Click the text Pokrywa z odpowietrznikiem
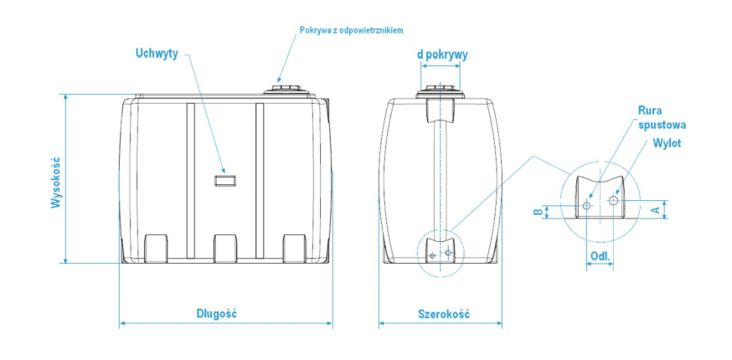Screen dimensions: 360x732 click(x=352, y=29)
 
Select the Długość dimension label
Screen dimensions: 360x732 click(x=218, y=314)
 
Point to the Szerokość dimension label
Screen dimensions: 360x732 click(x=443, y=314)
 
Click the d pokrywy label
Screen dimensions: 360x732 click(x=442, y=54)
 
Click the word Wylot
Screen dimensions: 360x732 click(x=668, y=143)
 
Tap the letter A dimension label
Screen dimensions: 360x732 click(x=656, y=209)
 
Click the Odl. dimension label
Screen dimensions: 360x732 click(x=599, y=255)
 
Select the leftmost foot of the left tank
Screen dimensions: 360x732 click(x=157, y=249)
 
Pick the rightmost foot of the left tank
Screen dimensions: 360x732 click(x=294, y=249)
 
